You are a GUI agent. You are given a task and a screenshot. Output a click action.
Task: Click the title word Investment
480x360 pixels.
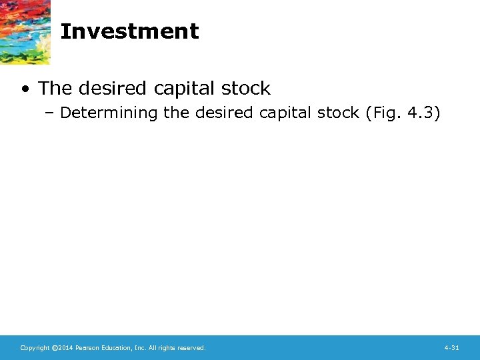129,31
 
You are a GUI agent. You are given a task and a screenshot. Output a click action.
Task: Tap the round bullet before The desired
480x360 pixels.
25,89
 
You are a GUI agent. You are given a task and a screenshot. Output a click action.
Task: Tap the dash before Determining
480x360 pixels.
51,113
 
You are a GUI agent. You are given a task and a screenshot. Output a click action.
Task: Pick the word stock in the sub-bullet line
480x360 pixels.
338,113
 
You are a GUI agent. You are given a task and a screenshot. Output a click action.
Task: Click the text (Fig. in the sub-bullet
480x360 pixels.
383,113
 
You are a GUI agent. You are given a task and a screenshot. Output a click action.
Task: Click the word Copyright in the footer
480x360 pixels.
35,348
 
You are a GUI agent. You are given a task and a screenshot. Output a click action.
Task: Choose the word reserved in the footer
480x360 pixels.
191,348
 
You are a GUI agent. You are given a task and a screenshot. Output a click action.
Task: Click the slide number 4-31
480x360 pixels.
451,348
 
